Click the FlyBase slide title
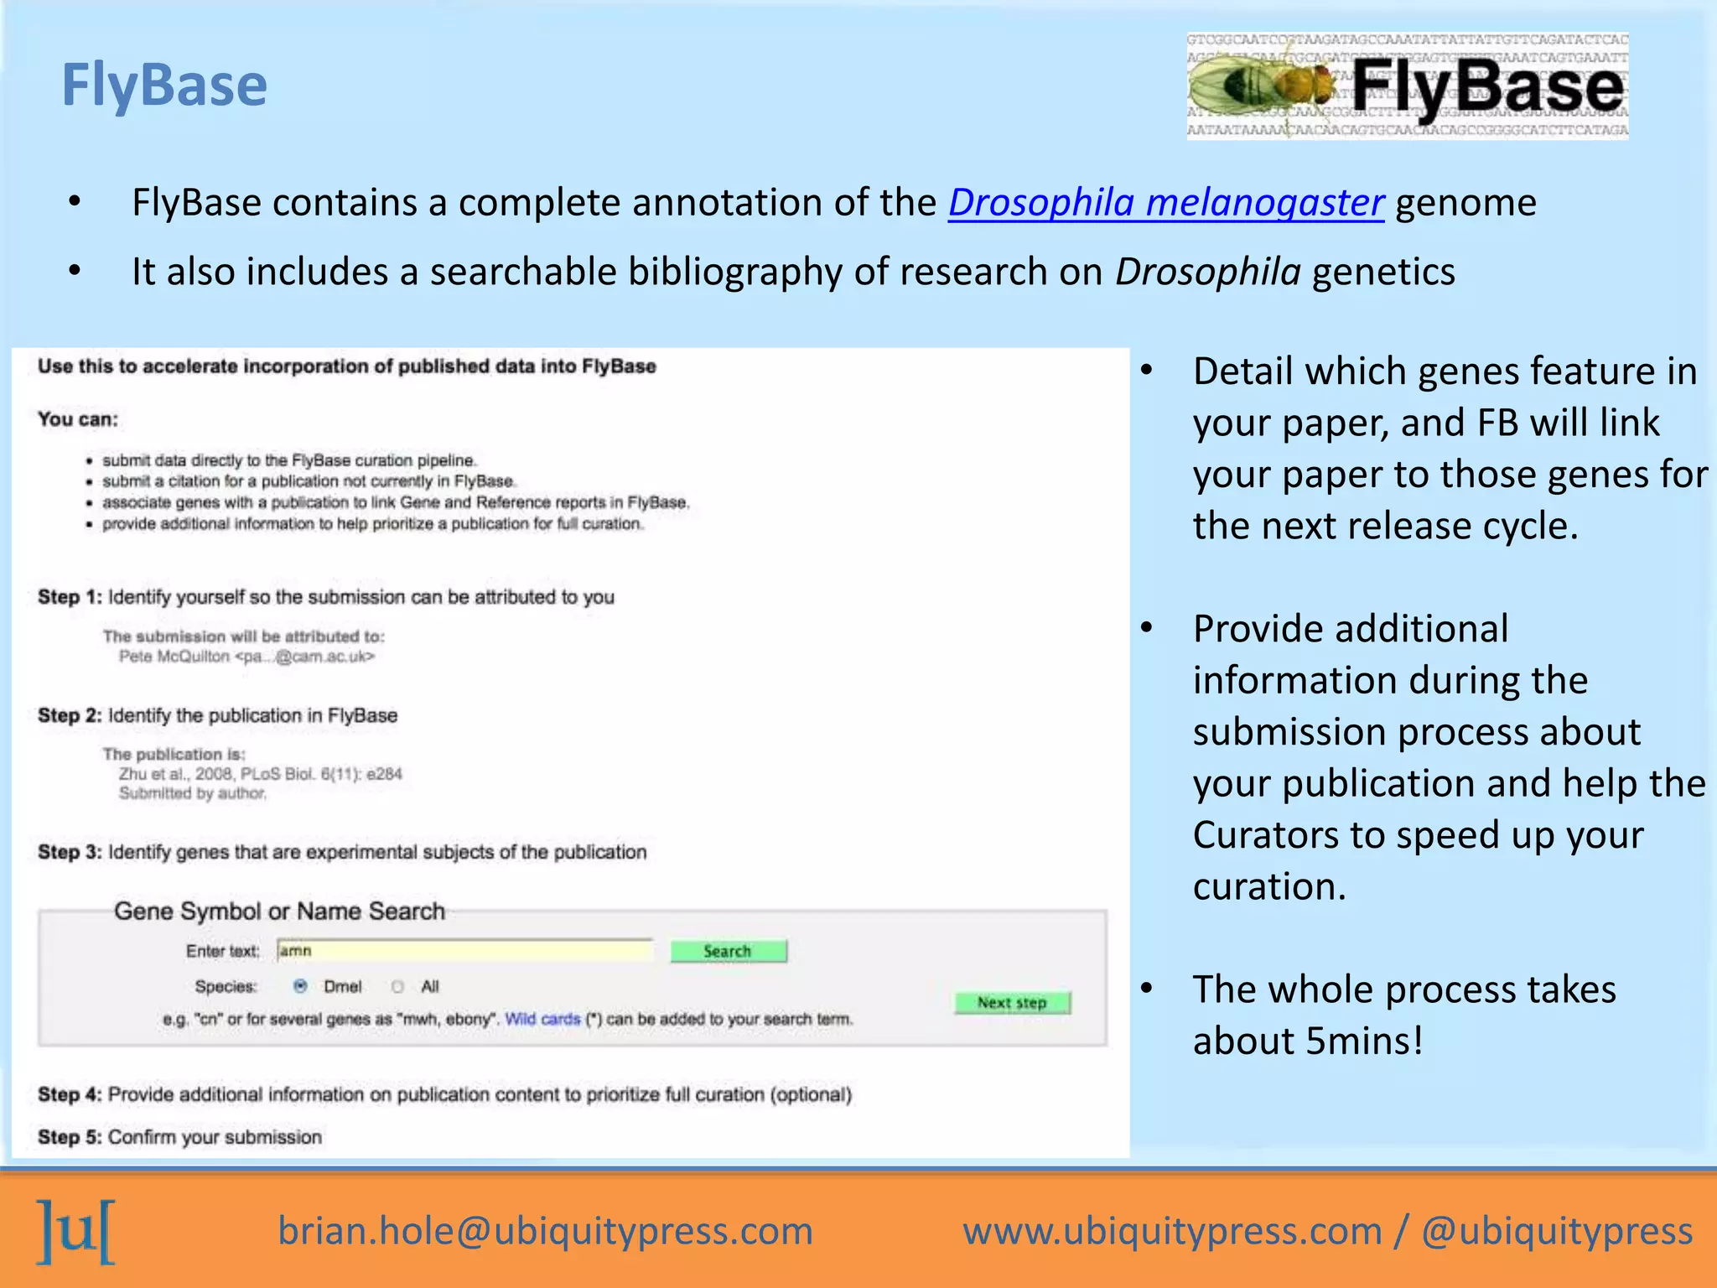[164, 86]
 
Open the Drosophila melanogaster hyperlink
[1165, 203]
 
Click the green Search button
[728, 951]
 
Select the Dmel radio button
[300, 986]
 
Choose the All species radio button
[398, 986]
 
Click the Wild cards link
[542, 1019]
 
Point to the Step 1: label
[70, 597]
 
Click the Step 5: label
[70, 1137]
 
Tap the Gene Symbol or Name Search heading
[279, 911]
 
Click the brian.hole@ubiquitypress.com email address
[545, 1231]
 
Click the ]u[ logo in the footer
[75, 1231]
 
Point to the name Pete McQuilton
[174, 657]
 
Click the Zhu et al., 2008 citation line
[260, 774]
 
